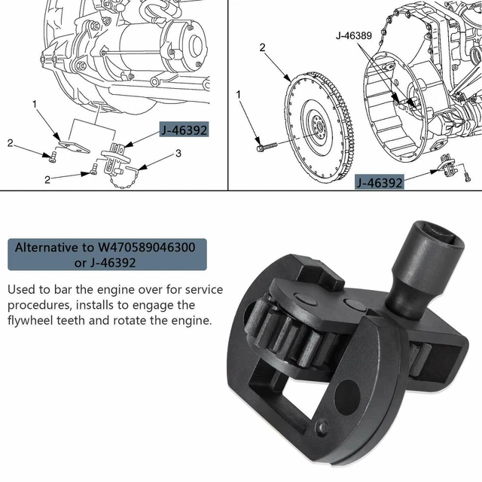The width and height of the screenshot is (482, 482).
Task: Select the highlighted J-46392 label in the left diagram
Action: coord(183,130)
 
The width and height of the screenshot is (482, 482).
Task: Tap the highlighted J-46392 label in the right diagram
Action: coord(379,182)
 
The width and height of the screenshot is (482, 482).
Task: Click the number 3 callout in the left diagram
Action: coord(178,154)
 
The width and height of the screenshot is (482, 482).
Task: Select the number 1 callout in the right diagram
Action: coord(239,96)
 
